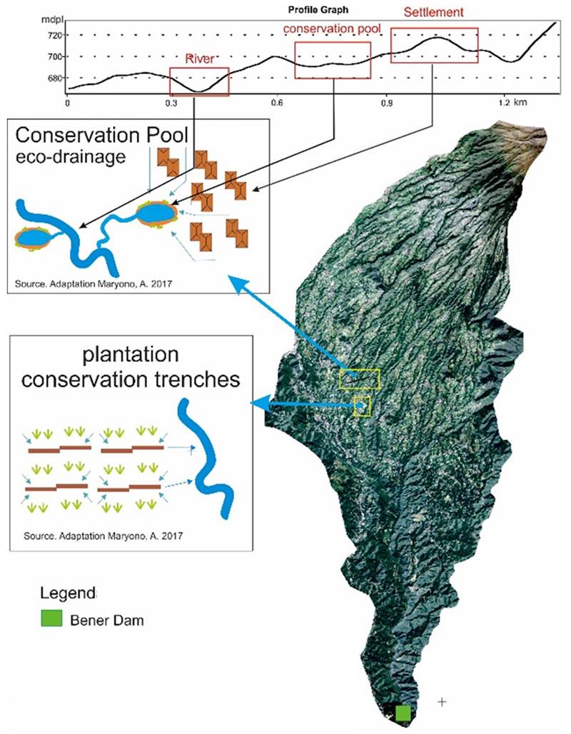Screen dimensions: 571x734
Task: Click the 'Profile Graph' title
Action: coord(318,10)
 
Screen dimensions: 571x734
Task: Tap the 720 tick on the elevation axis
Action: coord(55,35)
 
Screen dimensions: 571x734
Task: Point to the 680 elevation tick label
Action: coord(55,78)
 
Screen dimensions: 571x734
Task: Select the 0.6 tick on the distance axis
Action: coord(277,103)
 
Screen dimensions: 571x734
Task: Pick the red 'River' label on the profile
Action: coord(200,59)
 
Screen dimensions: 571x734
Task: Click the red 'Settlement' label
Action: coord(433,12)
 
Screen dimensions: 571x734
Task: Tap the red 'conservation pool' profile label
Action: coord(332,29)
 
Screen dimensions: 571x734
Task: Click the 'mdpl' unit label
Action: coord(52,21)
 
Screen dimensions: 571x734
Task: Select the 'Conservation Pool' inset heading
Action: coord(102,135)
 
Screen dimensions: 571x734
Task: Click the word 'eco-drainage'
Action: coord(71,157)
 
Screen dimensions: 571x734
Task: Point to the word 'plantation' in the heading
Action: coord(131,355)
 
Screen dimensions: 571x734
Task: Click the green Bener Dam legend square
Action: coord(51,618)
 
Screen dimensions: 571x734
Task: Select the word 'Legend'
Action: coord(68,593)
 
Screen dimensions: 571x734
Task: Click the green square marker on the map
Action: coord(403,713)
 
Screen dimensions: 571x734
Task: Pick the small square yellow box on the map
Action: coord(363,406)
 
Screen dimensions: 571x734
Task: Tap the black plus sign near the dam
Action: coord(442,701)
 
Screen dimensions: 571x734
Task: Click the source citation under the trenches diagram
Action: coord(103,536)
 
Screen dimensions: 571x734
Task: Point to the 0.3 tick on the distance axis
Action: coord(171,103)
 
